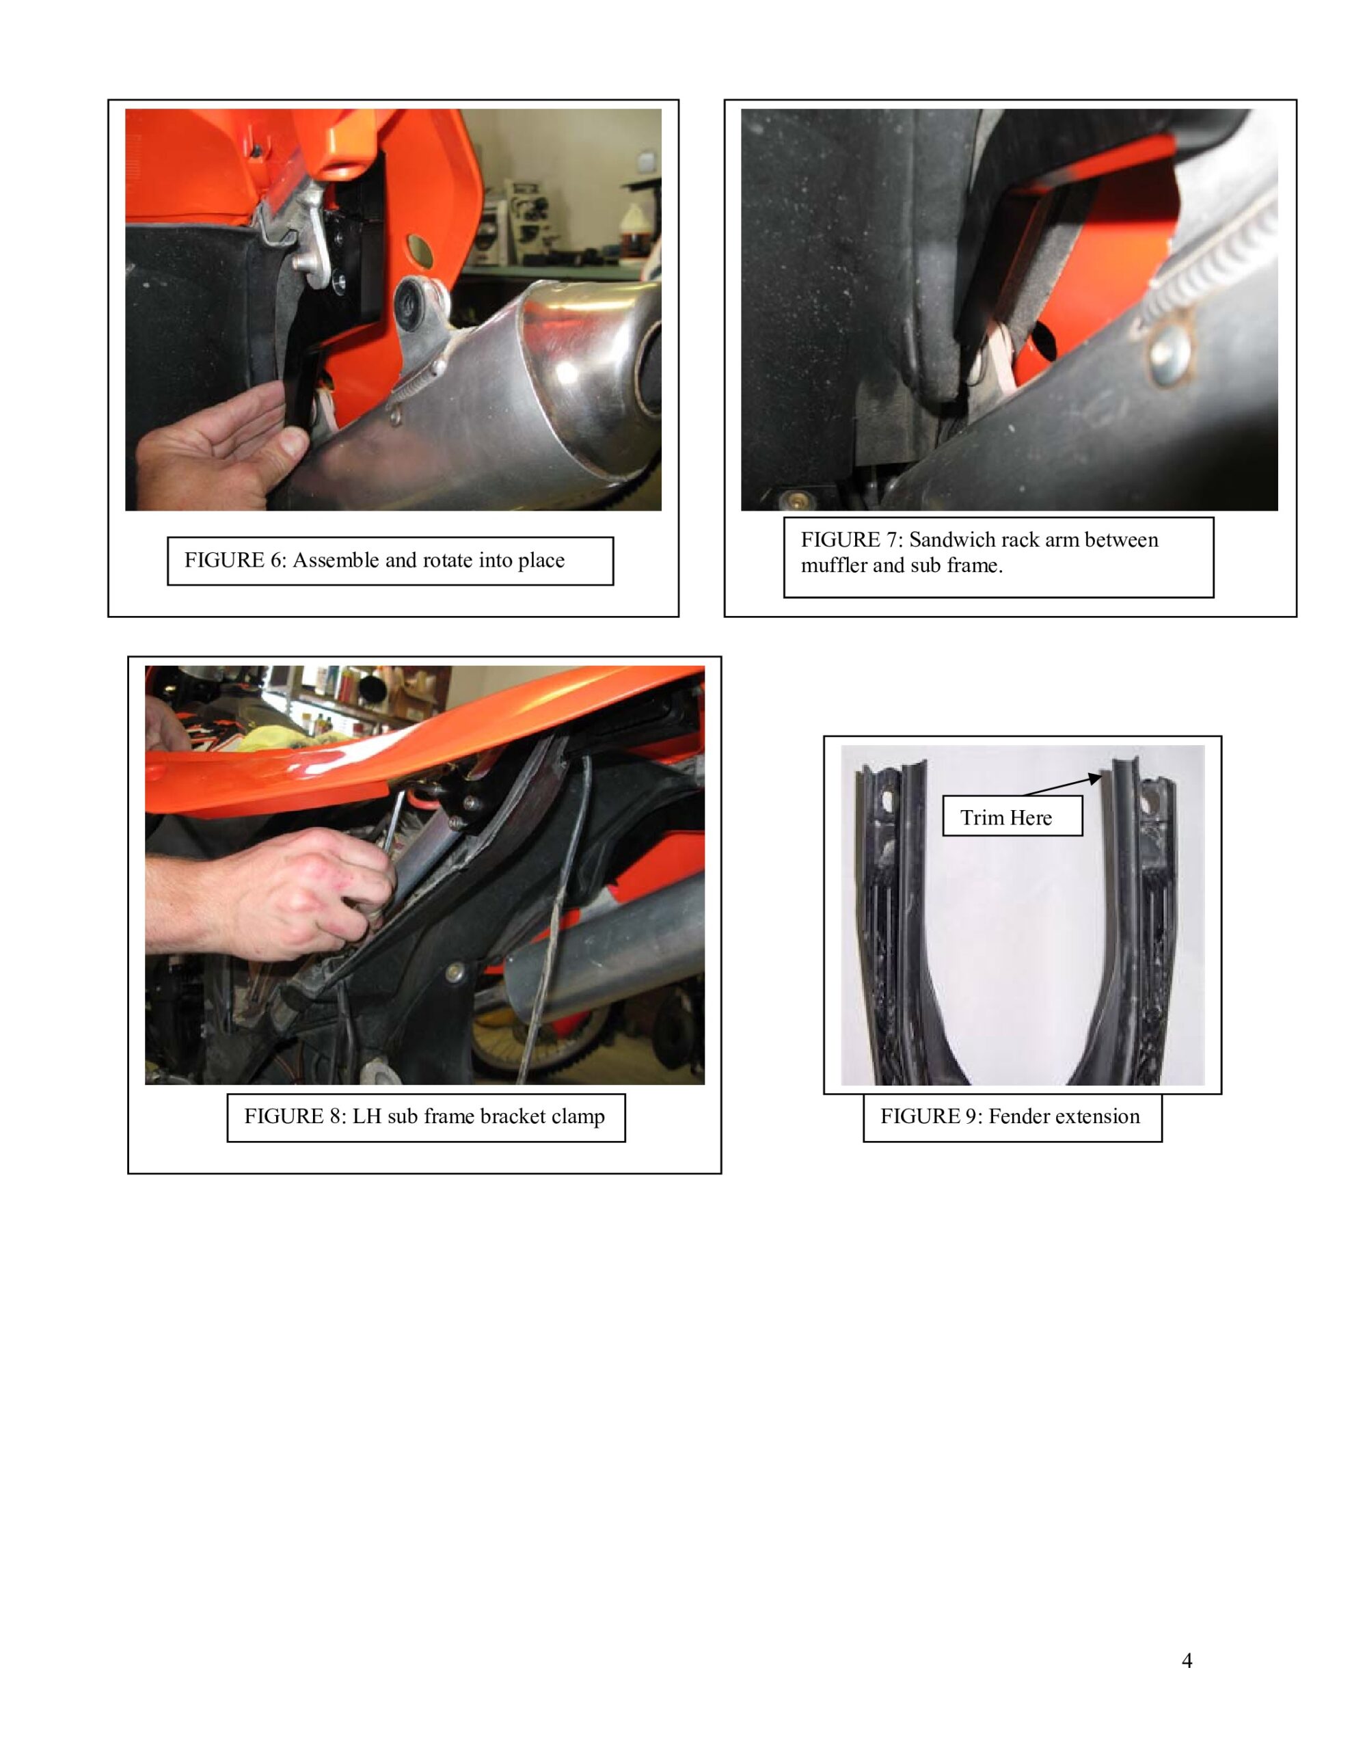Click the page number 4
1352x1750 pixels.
(x=1187, y=1661)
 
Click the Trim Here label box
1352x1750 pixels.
(x=1012, y=816)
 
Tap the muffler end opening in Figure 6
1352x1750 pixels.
(x=650, y=369)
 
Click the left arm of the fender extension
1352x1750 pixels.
(x=893, y=921)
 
